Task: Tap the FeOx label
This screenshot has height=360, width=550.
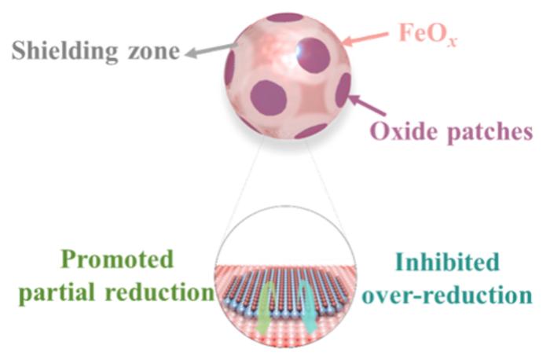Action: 428,34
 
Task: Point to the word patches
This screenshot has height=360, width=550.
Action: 490,133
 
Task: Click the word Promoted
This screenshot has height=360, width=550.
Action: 118,260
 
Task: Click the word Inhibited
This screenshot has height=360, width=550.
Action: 448,261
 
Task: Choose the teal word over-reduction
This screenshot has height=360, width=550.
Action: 447,295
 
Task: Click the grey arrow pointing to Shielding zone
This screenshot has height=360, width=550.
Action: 210,50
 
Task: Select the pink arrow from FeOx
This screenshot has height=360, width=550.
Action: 365,39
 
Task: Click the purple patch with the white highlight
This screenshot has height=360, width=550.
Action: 313,55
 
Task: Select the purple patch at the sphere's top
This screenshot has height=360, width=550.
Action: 284,17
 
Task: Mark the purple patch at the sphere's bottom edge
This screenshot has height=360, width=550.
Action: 311,131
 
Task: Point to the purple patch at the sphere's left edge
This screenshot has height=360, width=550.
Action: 229,68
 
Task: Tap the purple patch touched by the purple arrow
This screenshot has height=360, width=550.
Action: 343,90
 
